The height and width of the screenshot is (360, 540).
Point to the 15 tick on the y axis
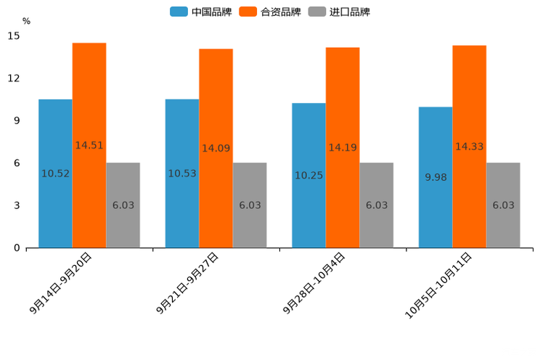(x=14, y=36)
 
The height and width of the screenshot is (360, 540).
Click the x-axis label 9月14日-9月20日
(x=62, y=283)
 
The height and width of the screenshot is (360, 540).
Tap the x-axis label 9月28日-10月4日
(x=314, y=284)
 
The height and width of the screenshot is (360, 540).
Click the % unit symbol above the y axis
(x=26, y=21)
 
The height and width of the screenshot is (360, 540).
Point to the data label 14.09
(x=216, y=148)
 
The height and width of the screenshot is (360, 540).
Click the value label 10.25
(x=308, y=176)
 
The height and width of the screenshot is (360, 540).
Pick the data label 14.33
(x=469, y=147)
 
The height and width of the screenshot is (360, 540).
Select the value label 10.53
(x=182, y=173)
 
